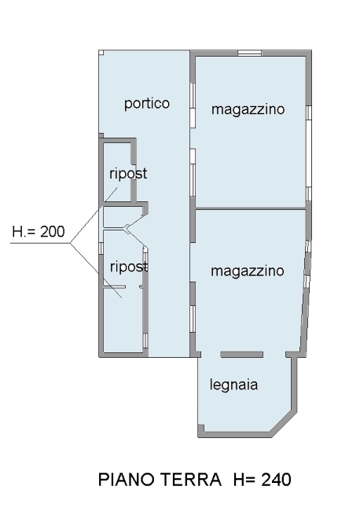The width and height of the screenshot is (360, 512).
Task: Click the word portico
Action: pos(147,104)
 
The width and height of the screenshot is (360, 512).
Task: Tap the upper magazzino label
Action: pos(248,109)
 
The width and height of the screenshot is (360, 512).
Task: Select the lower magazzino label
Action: pos(248,271)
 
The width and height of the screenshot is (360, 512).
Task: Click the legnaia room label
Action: pos(233,385)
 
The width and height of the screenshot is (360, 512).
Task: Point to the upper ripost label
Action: pos(128,173)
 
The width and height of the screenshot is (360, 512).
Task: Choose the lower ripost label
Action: pos(129,267)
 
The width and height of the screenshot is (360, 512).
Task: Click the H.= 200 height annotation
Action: pos(39,231)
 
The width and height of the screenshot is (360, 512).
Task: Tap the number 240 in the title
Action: pos(276,480)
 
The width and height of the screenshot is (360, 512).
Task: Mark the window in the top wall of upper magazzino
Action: pos(249,53)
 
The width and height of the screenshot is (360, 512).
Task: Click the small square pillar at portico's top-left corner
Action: pos(101,52)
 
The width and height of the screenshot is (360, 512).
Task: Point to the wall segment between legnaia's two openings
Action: pos(242,355)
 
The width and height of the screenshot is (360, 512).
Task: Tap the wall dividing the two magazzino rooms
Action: pos(250,208)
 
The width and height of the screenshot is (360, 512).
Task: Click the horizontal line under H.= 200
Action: pos(40,243)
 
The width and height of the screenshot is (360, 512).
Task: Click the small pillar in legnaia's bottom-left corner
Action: pos(201,428)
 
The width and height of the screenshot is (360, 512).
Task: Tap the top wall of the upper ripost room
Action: pos(117,141)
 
